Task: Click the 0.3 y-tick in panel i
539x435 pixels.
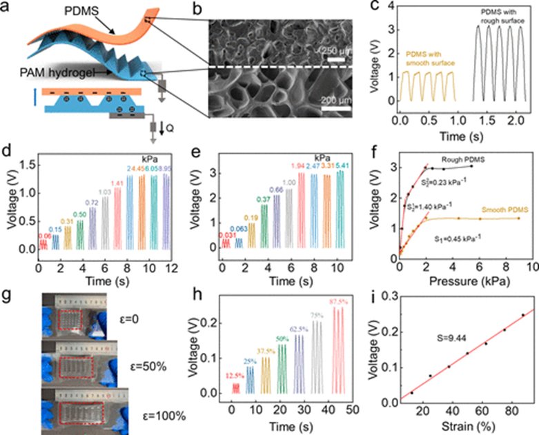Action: pyautogui.click(x=383, y=294)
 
